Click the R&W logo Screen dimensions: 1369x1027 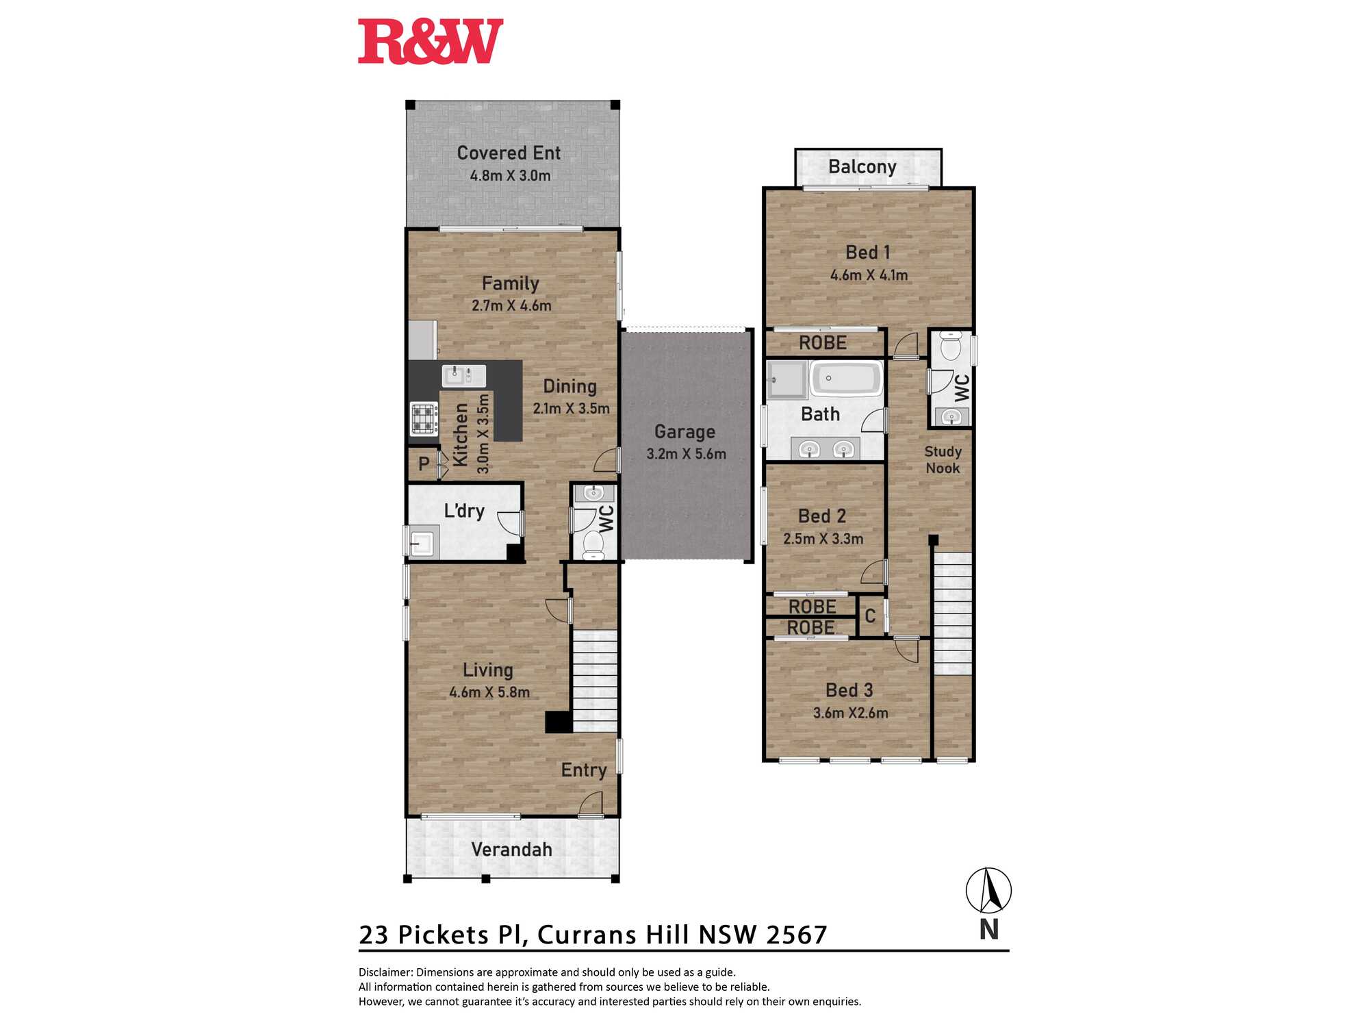point(431,42)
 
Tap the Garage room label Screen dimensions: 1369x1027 point(684,431)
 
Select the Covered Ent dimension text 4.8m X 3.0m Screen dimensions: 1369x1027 point(510,175)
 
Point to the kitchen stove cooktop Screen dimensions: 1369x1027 point(424,418)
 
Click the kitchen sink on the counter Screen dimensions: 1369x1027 point(463,376)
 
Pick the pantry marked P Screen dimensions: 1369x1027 point(424,464)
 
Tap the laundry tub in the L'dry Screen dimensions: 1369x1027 point(421,542)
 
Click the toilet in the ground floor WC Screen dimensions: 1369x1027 point(593,545)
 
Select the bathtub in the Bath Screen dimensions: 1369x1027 point(846,379)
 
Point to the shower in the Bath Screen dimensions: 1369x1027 point(787,379)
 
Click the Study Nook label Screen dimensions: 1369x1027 point(943,459)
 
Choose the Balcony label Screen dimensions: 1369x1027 point(862,166)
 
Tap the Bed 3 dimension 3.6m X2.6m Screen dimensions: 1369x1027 point(850,713)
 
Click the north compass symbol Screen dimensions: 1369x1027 point(988,890)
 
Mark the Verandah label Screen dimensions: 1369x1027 point(511,850)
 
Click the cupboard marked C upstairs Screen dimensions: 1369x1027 point(870,616)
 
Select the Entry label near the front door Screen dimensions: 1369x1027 point(584,770)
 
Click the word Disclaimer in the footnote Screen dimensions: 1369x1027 point(385,972)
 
